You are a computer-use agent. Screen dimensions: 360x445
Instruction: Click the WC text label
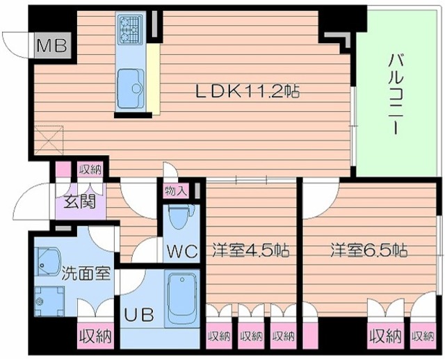[x=183, y=249]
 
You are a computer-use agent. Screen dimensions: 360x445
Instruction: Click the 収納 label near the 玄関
[x=90, y=169]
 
